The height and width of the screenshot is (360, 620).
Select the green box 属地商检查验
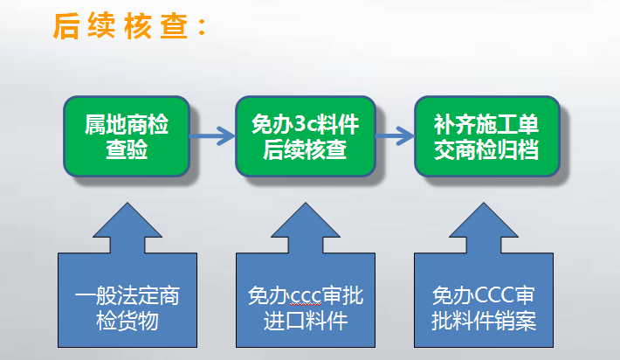[127, 136]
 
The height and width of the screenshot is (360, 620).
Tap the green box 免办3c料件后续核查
[304, 136]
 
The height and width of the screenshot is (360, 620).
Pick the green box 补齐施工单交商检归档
[486, 136]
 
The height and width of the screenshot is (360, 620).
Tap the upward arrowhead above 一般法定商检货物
[127, 229]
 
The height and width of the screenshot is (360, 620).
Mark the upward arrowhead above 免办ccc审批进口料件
[306, 229]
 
